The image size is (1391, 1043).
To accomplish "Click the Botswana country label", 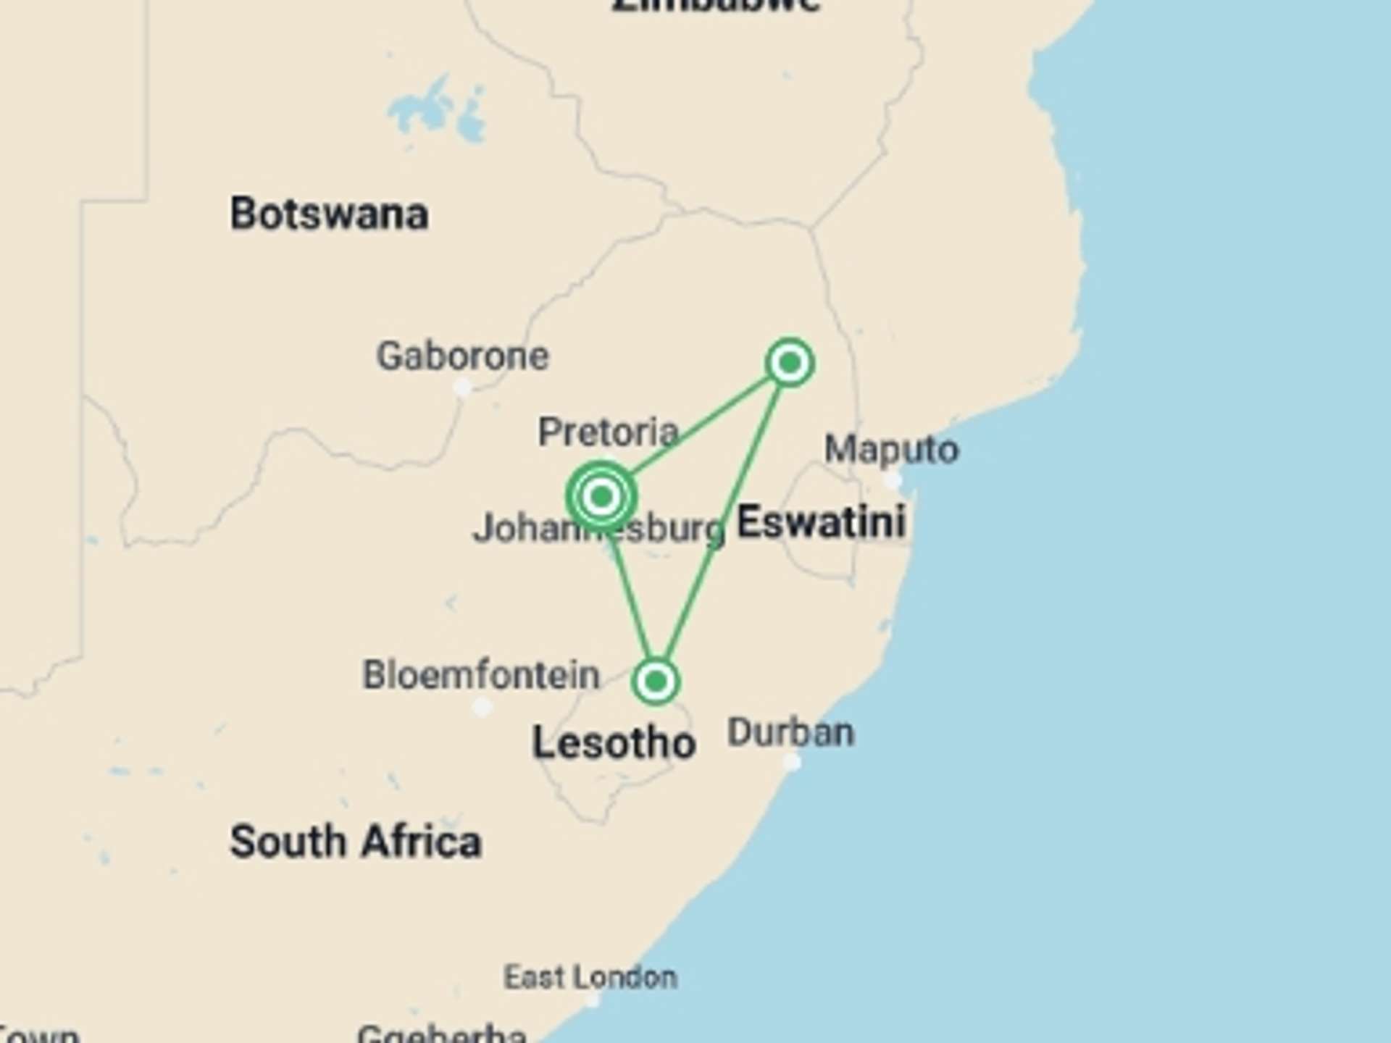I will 329,214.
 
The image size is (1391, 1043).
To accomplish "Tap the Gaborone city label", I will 462,356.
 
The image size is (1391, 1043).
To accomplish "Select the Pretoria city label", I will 608,432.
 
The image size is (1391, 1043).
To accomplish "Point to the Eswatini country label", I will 821,522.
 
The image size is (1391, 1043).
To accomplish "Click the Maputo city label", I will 891,449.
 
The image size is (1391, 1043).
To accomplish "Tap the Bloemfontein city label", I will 481,675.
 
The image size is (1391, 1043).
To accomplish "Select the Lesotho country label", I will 614,743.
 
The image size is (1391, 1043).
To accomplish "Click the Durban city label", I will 790,733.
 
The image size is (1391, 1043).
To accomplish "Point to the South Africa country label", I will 355,842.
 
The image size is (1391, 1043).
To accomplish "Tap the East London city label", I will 590,978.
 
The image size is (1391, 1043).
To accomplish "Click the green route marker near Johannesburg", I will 601,497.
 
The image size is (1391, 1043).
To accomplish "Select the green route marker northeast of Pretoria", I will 790,362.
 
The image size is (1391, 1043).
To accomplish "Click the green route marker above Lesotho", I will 656,681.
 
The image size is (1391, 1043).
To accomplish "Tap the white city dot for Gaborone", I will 462,388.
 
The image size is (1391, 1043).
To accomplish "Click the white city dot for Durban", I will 792,762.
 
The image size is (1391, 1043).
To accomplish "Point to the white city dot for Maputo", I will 893,479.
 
